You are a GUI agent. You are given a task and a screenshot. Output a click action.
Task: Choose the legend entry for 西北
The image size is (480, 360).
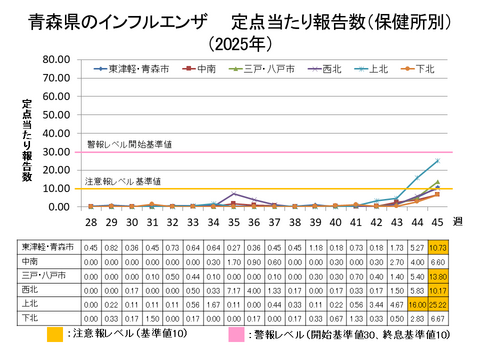click(x=326, y=70)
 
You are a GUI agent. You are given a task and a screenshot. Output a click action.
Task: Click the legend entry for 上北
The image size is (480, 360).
click(x=376, y=70)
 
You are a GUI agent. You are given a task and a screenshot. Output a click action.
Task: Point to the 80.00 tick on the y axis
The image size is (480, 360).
click(x=59, y=61)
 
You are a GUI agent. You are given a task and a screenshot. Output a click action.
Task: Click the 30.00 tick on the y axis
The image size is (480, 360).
click(x=59, y=153)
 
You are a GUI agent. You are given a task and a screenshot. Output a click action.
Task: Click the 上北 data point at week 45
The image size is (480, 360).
click(x=437, y=161)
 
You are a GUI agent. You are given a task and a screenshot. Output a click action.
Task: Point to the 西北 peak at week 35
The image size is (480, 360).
click(x=234, y=194)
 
